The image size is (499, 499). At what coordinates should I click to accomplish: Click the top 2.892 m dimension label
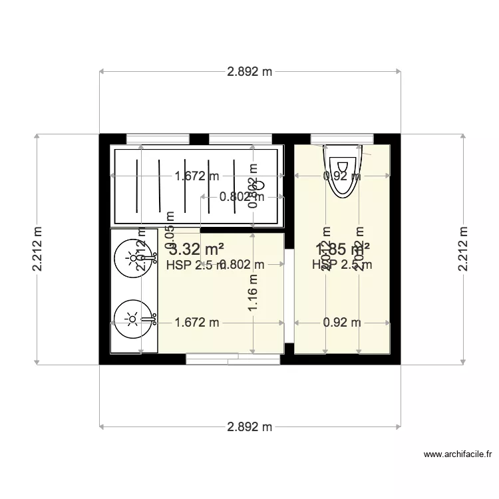(249, 73)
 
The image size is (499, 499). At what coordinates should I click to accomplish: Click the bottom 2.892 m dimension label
(249, 426)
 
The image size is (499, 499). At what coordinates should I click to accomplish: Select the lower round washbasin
(133, 320)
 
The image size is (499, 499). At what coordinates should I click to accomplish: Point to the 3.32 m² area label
(196, 250)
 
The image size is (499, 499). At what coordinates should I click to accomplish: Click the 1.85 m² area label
(343, 249)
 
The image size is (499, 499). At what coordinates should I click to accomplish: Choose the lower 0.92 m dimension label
(341, 323)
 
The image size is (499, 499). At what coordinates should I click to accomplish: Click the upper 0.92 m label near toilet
(341, 176)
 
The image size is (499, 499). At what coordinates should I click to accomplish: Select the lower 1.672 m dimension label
(196, 323)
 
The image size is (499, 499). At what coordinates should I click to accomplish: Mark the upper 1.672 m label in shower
(196, 176)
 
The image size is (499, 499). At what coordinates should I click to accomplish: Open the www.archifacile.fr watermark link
(458, 455)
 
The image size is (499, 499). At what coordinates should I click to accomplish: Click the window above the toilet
(341, 139)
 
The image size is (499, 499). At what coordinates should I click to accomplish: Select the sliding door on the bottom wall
(233, 359)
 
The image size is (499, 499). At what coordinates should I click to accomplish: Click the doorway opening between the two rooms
(289, 296)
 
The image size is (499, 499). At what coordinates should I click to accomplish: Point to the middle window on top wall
(240, 139)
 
